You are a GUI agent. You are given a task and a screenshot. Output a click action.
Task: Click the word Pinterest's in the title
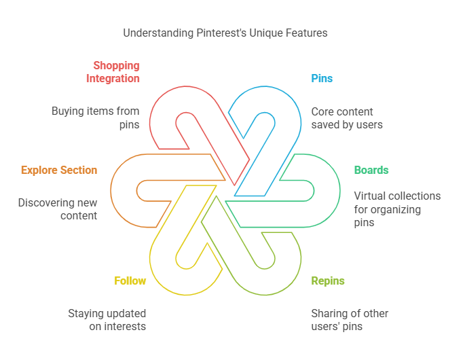point(221,33)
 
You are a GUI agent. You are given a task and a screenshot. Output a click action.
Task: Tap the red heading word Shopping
point(116,66)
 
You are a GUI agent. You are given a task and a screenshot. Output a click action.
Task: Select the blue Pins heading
point(322,78)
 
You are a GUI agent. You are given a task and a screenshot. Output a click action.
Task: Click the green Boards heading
point(371,170)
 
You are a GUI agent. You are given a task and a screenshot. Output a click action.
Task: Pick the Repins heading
point(328,281)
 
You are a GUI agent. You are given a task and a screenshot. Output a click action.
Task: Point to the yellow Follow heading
point(130,281)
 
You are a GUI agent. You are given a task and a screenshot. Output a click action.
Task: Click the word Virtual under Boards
point(370,196)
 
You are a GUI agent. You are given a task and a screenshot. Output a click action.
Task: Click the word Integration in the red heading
point(113,78)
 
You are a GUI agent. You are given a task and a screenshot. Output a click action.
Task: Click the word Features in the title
point(307,33)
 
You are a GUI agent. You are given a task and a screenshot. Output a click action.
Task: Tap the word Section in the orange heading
point(79,170)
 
